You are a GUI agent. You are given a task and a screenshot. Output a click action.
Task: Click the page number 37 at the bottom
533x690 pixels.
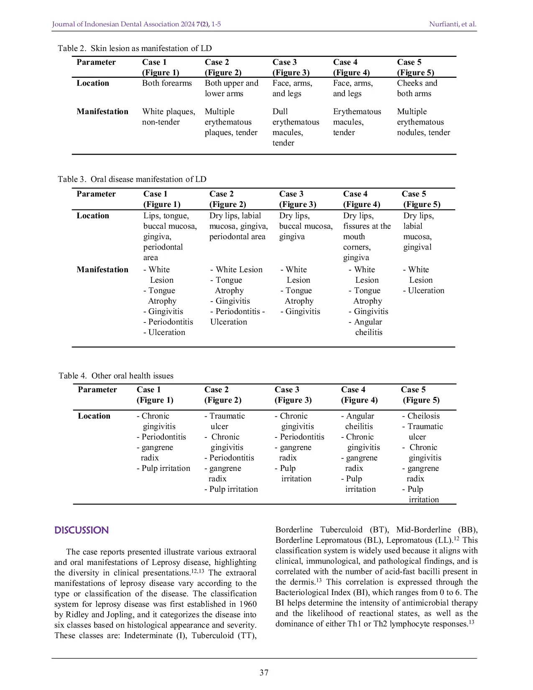point(264,672)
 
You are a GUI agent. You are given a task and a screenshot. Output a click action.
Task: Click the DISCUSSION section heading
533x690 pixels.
point(82,530)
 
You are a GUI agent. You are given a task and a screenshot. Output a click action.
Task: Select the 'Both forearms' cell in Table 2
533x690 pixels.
point(167,83)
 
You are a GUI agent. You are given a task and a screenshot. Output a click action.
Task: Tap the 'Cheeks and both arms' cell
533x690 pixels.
point(417,88)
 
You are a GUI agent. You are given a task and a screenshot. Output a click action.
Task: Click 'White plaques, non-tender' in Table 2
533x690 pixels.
point(168,117)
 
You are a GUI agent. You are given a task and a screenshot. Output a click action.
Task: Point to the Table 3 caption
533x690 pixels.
point(132,179)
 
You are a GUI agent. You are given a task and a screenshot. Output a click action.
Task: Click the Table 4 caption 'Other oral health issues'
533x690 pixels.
point(116,376)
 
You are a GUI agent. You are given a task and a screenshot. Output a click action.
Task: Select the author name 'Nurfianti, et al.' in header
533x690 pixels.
point(452,24)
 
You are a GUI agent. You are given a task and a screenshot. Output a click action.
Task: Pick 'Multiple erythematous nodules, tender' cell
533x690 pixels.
point(423,122)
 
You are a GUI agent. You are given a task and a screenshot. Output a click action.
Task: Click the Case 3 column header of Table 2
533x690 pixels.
point(291,67)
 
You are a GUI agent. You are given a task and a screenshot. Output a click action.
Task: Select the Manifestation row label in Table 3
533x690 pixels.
point(102,270)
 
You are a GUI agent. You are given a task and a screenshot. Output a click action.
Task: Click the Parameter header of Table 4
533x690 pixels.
point(97,390)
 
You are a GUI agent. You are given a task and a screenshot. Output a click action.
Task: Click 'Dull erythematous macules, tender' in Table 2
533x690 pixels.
point(295,127)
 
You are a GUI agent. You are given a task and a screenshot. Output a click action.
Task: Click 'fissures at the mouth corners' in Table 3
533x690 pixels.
point(366,237)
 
